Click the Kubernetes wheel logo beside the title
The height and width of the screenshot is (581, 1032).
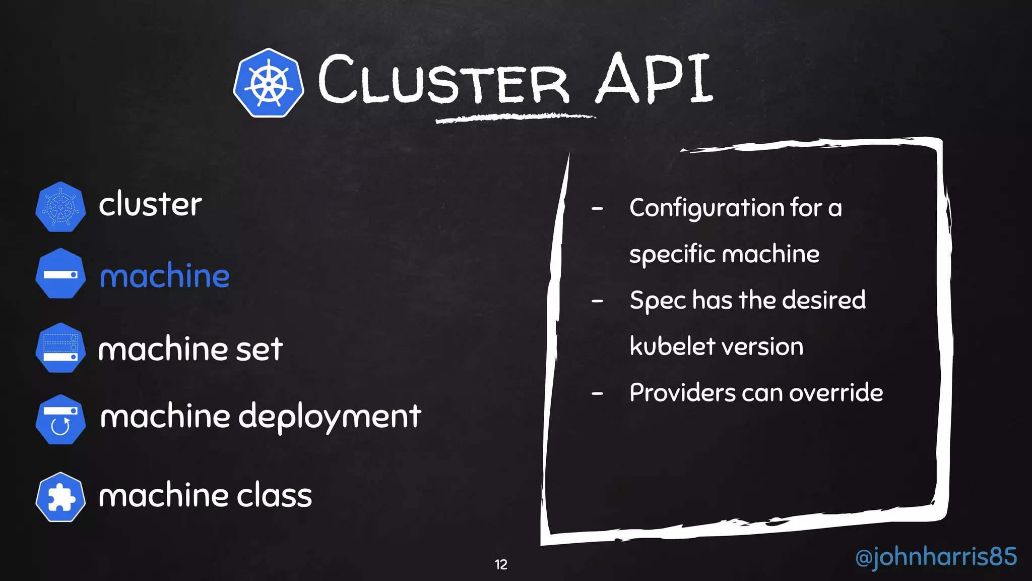[x=269, y=83]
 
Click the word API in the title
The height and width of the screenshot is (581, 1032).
[x=654, y=79]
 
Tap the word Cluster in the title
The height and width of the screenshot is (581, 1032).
[x=443, y=81]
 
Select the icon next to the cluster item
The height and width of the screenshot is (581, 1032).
[x=60, y=207]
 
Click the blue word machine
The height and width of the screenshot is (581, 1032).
[x=165, y=276]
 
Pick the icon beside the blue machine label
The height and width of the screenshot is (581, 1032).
[x=60, y=273]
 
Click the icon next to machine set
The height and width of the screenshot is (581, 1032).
[x=60, y=348]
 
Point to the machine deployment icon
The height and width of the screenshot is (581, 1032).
[x=60, y=420]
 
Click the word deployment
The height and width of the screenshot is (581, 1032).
[x=330, y=418]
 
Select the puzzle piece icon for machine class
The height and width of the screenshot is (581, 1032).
[x=60, y=497]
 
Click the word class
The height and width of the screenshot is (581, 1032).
[x=275, y=495]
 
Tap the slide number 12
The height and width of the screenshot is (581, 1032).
[x=501, y=564]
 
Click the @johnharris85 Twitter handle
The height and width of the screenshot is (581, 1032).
[x=936, y=557]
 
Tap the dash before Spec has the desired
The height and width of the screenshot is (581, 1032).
[x=597, y=301]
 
